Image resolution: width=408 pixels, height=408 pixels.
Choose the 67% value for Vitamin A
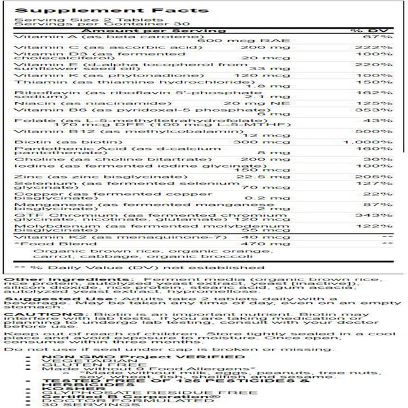click(x=375, y=37)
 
